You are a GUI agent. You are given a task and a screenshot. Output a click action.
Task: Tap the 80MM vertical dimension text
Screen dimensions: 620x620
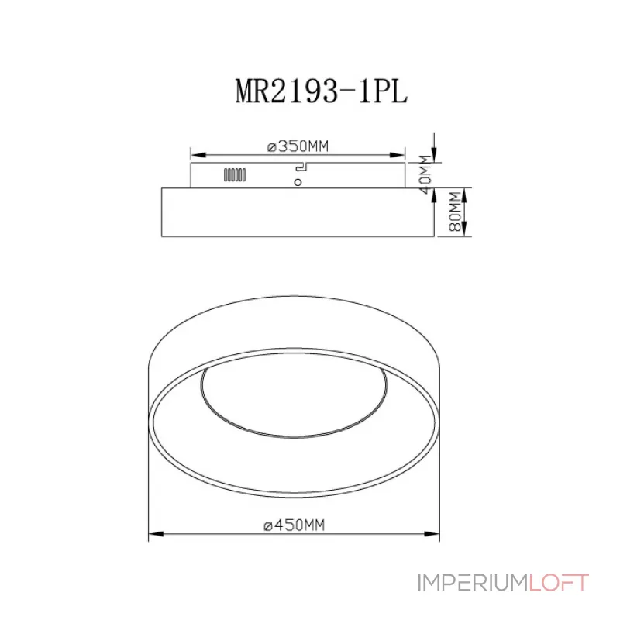[455, 211]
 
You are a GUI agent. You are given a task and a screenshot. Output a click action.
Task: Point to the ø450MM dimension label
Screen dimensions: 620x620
[293, 525]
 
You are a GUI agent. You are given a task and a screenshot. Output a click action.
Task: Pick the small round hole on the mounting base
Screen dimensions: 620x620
[298, 182]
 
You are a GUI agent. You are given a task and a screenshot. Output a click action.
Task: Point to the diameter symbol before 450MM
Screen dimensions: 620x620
[267, 525]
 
